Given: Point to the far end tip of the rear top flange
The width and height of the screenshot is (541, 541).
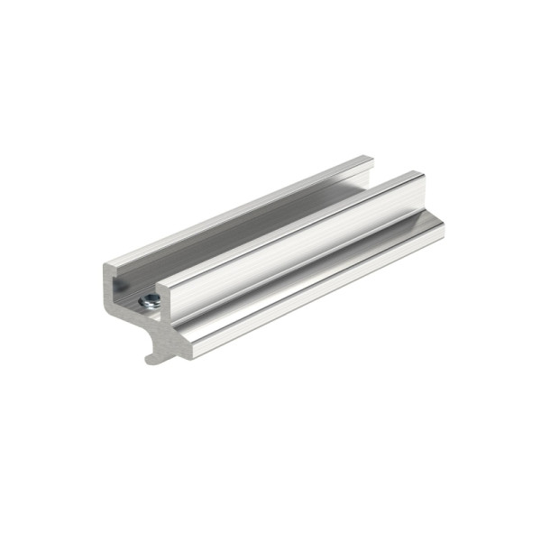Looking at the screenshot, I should pyautogui.click(x=370, y=160).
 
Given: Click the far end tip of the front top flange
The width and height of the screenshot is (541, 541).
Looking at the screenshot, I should pyautogui.click(x=418, y=175).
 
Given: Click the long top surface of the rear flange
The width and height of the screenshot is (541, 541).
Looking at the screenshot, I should pyautogui.click(x=243, y=211).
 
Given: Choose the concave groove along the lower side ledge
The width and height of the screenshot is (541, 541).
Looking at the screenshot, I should pyautogui.click(x=316, y=275).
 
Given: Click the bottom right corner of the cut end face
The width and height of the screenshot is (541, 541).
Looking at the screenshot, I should pyautogui.click(x=193, y=354).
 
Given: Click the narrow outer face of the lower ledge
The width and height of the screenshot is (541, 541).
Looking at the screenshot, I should pyautogui.click(x=316, y=293).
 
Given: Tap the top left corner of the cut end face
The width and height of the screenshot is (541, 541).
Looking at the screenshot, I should pyautogui.click(x=106, y=267).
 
